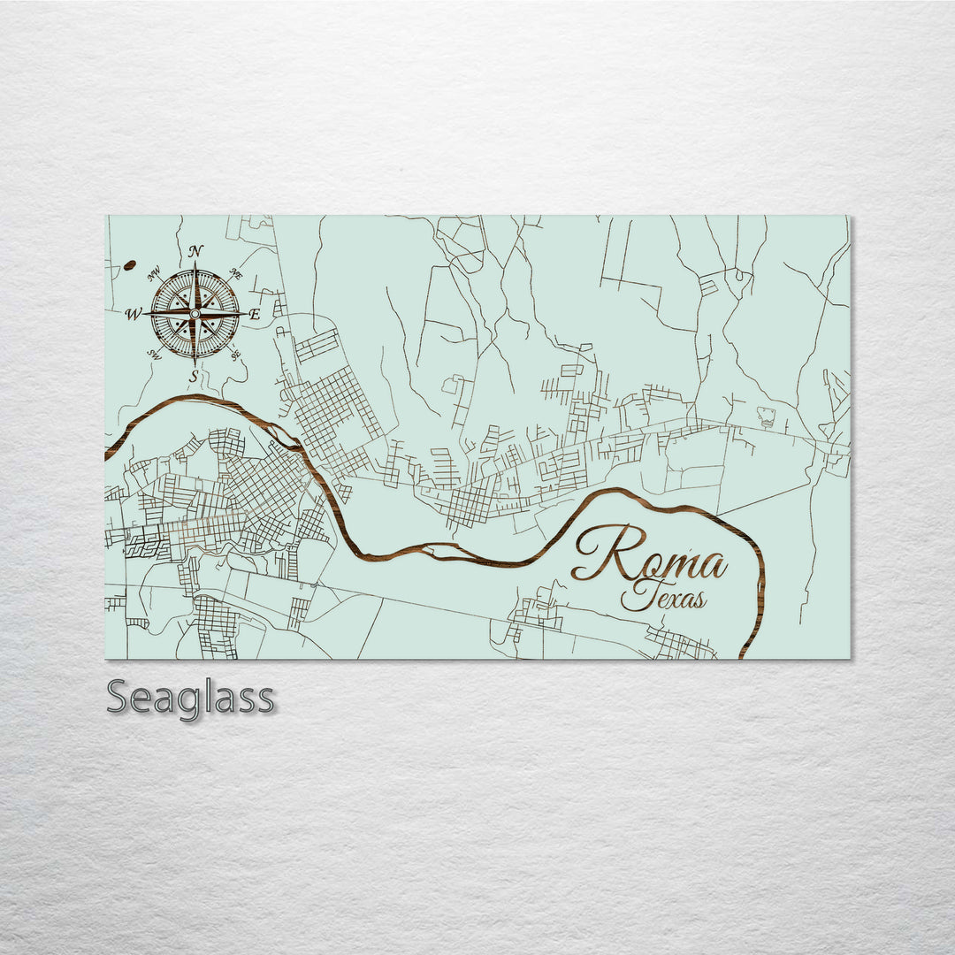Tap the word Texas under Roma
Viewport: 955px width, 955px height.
[663, 598]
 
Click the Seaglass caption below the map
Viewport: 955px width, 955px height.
[190, 698]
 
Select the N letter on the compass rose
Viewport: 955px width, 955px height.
[196, 251]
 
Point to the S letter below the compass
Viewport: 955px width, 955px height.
[194, 375]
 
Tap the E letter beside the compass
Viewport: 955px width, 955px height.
[255, 314]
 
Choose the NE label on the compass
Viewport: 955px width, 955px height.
[236, 274]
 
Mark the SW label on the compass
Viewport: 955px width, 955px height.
[154, 354]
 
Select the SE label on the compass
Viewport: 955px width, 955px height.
[235, 354]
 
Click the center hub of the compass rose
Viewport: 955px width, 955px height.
[195, 313]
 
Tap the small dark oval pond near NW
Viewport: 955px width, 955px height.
[130, 264]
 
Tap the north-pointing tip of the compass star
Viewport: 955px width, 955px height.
[195, 263]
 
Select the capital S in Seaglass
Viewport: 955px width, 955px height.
[118, 698]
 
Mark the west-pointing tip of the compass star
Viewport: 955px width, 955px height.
[144, 313]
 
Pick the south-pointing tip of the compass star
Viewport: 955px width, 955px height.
[195, 363]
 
